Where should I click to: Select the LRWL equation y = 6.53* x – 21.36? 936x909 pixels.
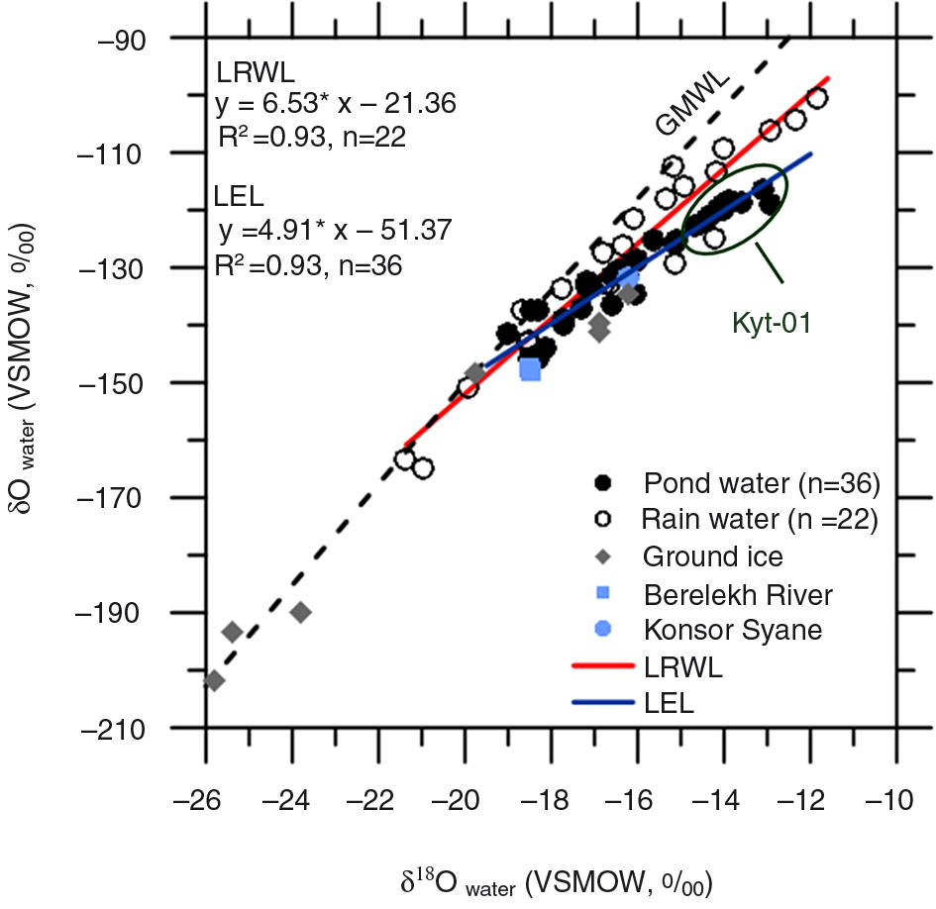coord(335,103)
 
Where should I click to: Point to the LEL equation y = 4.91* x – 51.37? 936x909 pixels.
coord(334,231)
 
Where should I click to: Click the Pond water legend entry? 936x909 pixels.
coord(761,483)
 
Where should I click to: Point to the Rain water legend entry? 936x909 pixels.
coord(761,517)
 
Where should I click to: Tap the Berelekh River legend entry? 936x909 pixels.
coord(738,594)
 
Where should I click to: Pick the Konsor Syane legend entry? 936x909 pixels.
coord(733,630)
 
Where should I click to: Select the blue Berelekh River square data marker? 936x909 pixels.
coord(530,369)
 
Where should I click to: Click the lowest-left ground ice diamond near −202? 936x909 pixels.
coord(214,681)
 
